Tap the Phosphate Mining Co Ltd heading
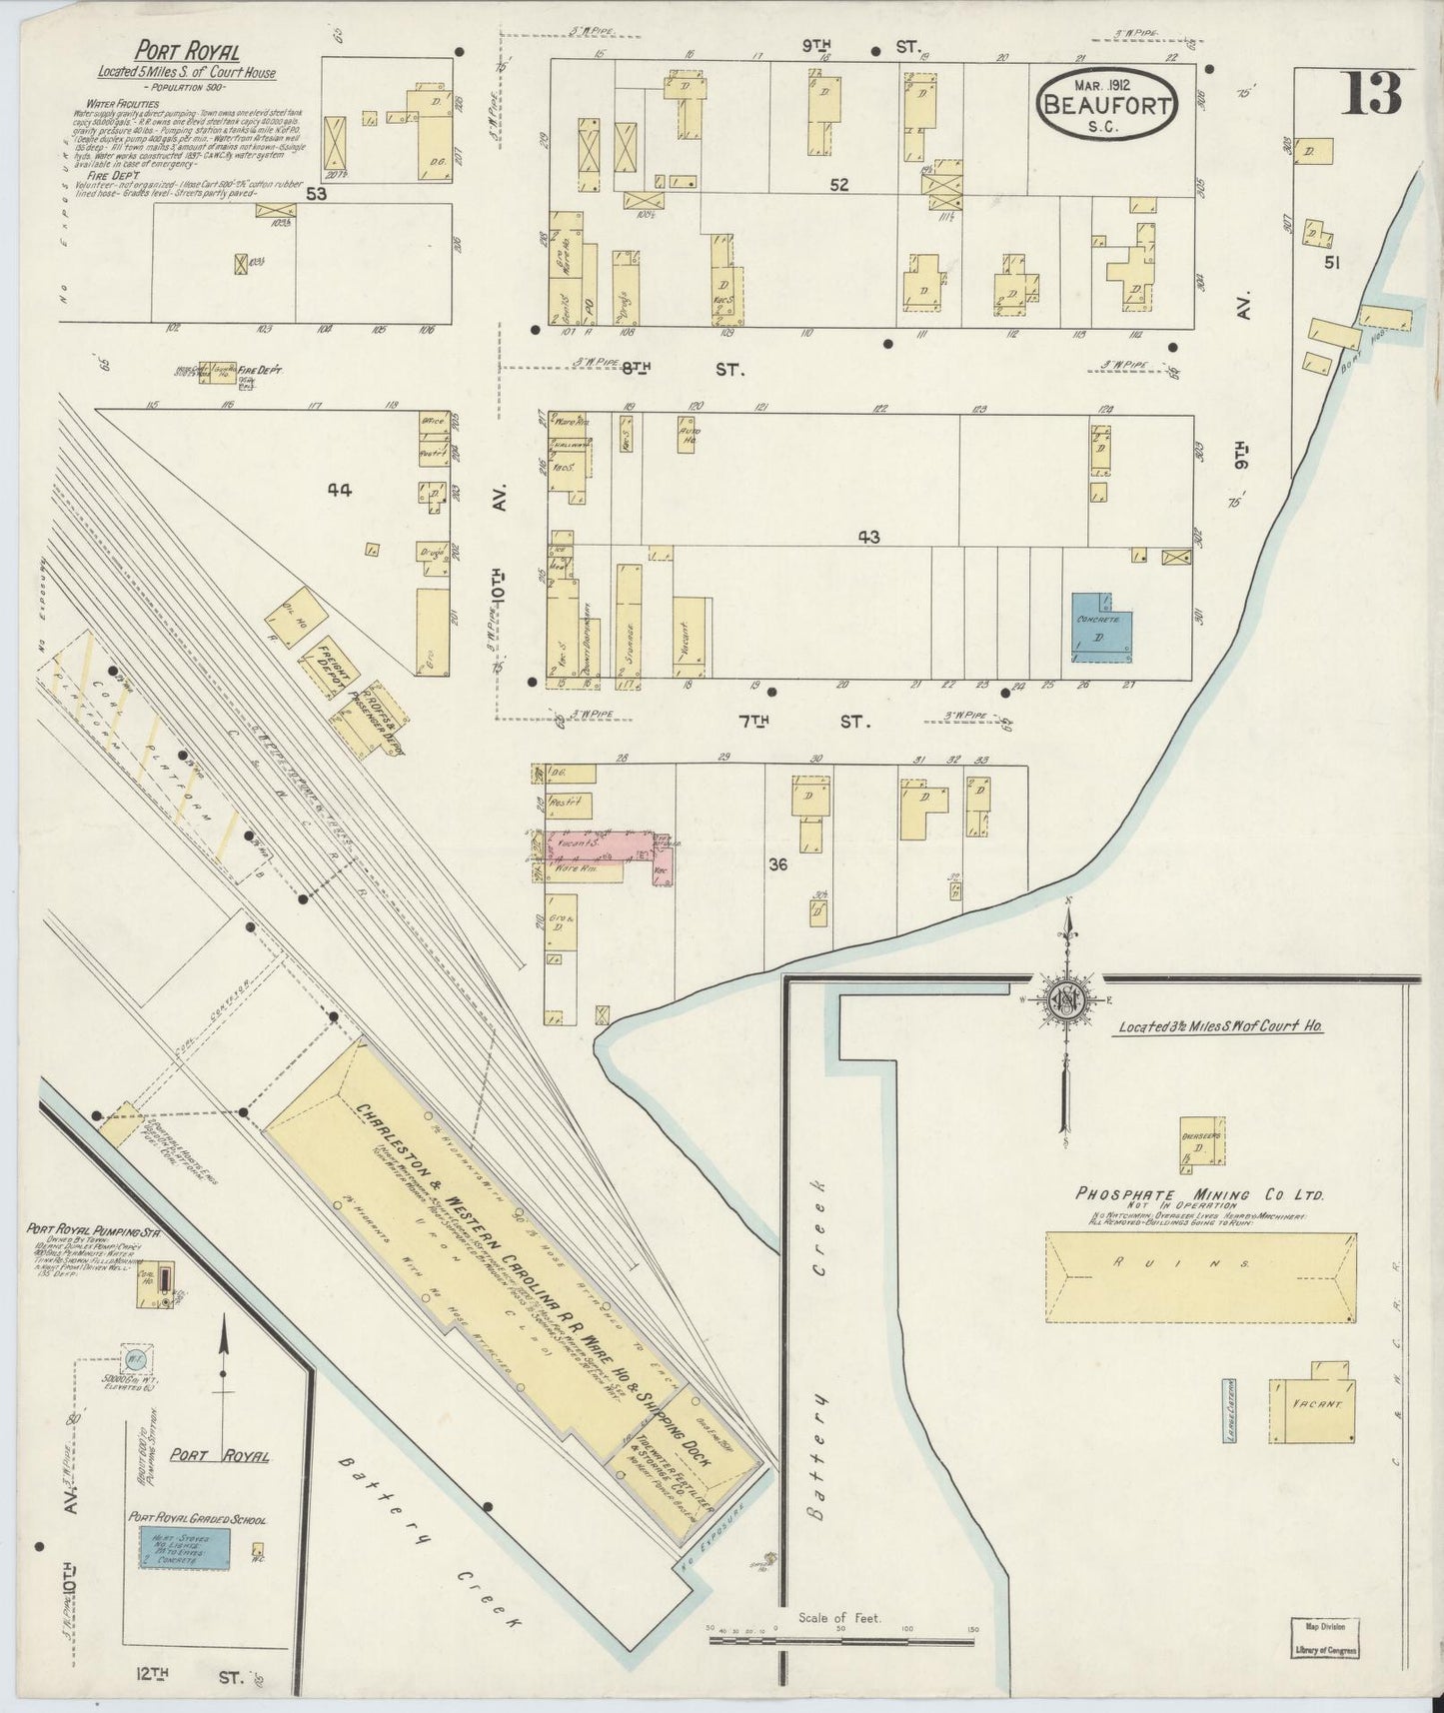tap(1199, 1194)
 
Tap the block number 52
tap(838, 185)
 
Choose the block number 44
tap(340, 490)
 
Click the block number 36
tap(778, 864)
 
